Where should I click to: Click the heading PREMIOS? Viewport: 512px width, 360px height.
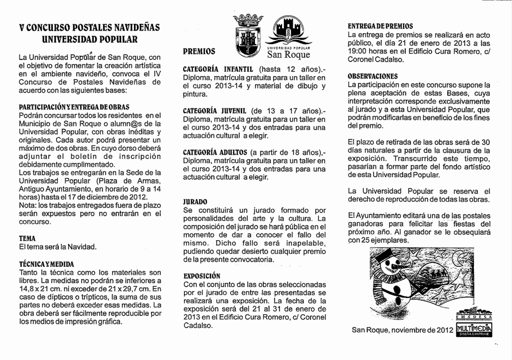199,52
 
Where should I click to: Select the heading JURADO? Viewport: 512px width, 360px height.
196,201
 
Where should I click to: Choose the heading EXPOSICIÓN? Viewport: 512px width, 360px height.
202,276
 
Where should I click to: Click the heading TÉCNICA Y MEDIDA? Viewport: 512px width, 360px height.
46,263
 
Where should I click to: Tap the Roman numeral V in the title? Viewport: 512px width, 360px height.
21,28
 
